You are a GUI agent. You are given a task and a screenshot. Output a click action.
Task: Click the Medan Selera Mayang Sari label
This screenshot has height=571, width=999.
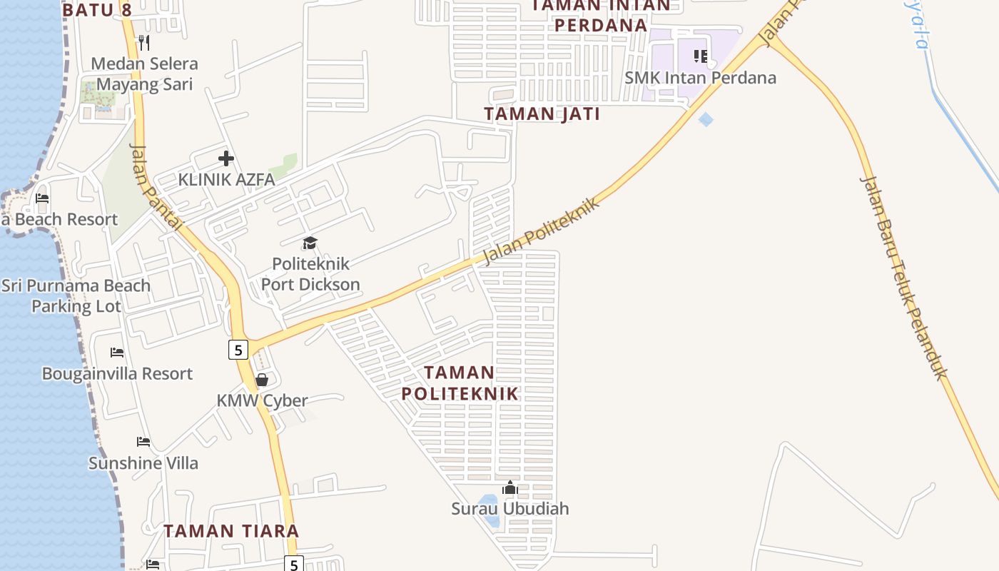pyautogui.click(x=144, y=74)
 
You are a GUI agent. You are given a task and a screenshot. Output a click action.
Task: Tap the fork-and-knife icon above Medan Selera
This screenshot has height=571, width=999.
pyautogui.click(x=144, y=42)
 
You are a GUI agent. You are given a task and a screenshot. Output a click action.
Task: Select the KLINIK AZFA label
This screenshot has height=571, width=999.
pyautogui.click(x=226, y=179)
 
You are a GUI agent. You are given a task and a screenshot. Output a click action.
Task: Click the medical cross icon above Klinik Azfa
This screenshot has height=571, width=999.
pyautogui.click(x=226, y=158)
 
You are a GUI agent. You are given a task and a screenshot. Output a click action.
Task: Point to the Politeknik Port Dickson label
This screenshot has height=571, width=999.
pyautogui.click(x=310, y=273)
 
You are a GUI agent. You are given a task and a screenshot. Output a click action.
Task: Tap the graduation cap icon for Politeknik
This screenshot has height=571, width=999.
pyautogui.click(x=310, y=243)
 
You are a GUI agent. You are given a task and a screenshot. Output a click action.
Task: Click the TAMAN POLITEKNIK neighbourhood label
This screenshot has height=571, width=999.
pyautogui.click(x=460, y=383)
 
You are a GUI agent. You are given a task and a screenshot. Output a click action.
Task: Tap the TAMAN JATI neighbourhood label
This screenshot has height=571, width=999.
pyautogui.click(x=542, y=113)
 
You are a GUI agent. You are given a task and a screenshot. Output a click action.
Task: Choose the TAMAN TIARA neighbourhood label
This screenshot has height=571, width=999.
pyautogui.click(x=231, y=531)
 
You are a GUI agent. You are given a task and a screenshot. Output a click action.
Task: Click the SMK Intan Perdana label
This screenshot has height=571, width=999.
pyautogui.click(x=700, y=77)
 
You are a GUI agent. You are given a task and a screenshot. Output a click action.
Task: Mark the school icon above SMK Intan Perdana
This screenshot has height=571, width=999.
pyautogui.click(x=701, y=56)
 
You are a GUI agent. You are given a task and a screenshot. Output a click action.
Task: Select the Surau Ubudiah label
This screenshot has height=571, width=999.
pyautogui.click(x=510, y=508)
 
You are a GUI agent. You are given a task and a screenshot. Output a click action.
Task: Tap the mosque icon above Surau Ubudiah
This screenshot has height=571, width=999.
pyautogui.click(x=510, y=488)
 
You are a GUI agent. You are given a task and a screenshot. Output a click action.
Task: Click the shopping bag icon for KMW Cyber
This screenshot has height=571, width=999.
pyautogui.click(x=262, y=380)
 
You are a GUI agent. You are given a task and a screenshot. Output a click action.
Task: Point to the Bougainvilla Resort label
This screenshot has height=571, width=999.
pyautogui.click(x=117, y=373)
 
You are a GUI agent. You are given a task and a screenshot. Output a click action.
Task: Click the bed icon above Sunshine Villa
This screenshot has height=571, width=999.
pyautogui.click(x=143, y=442)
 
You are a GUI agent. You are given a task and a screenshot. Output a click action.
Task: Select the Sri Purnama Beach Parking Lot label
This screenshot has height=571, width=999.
pyautogui.click(x=76, y=295)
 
